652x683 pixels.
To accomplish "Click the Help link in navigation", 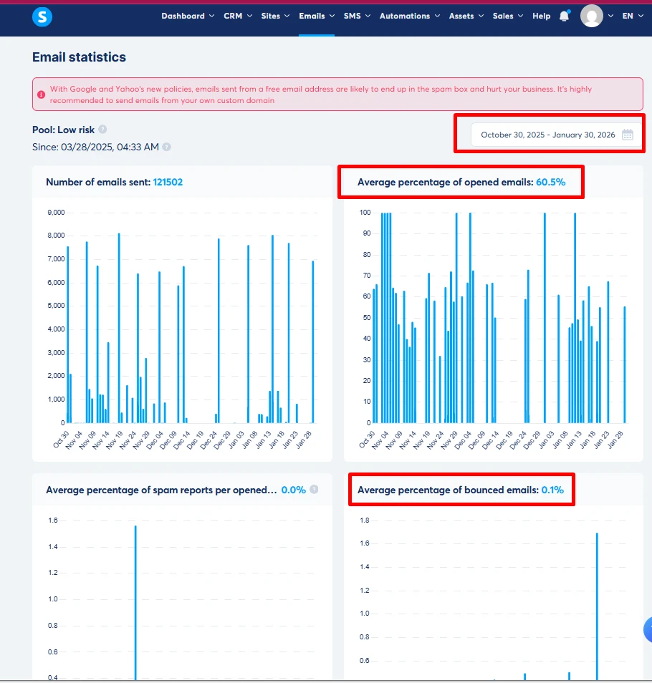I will (541, 16).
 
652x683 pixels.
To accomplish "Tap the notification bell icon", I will (565, 16).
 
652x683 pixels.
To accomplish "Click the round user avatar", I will (592, 16).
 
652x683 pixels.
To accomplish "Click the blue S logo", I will (42, 16).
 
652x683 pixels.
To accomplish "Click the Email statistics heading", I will (79, 57).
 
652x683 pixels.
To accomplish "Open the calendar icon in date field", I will (628, 135).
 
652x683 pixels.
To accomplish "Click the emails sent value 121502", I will (168, 182).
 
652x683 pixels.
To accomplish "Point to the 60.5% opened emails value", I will (550, 182).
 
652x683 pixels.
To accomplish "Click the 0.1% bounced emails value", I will (552, 490).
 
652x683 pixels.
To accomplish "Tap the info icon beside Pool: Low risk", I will (102, 130).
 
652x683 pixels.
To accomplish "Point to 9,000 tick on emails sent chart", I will (55, 213).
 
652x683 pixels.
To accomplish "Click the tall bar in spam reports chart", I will (135, 601).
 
